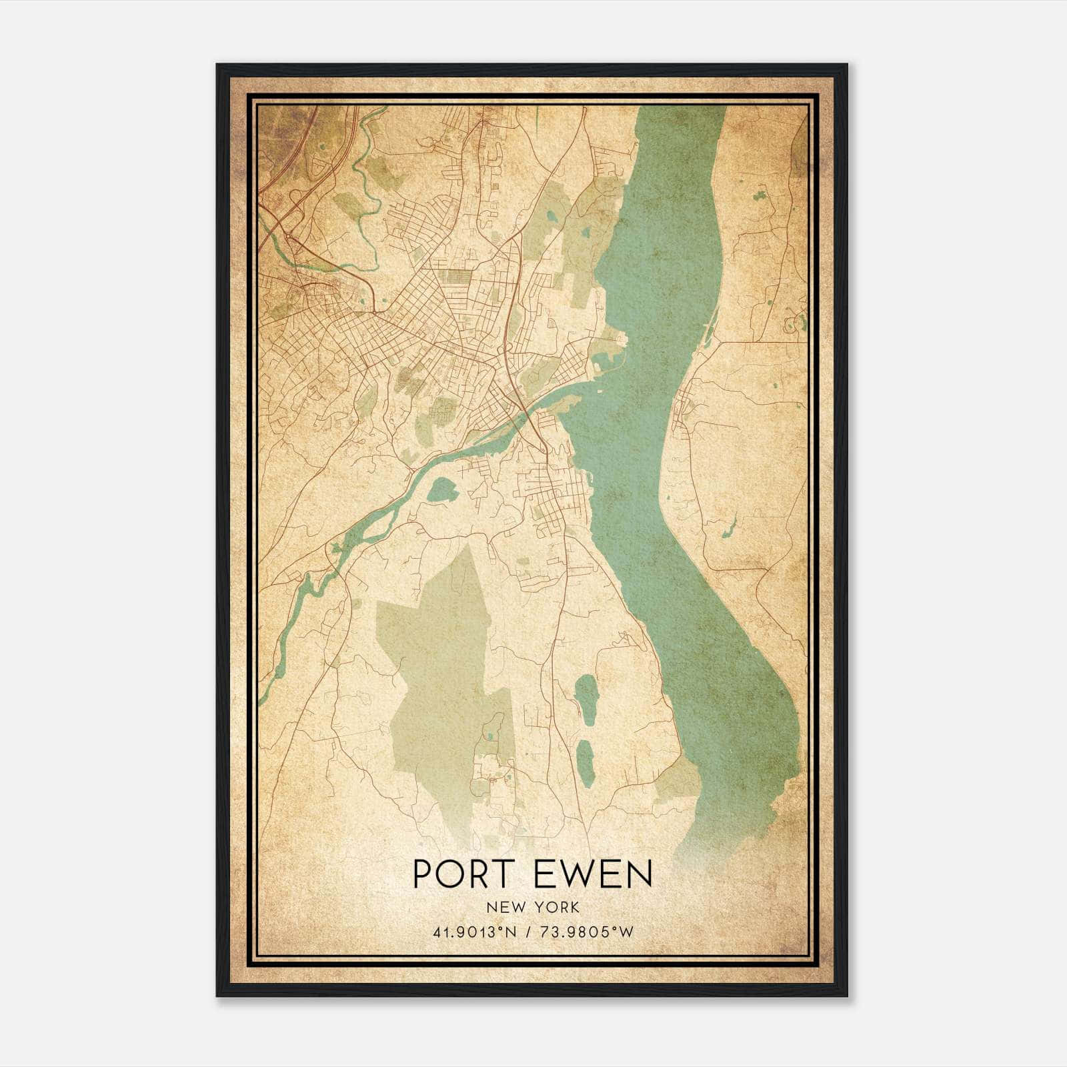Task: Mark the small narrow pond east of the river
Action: tap(729, 527)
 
